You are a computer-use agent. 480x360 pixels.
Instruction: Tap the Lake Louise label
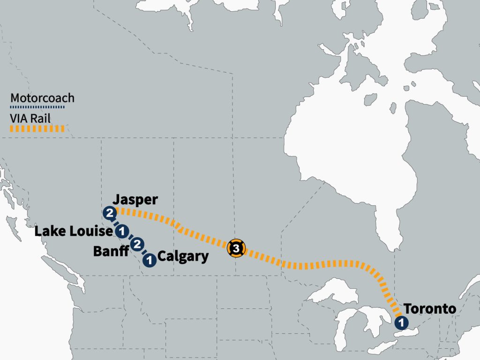74,232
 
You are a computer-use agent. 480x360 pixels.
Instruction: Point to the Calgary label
183,257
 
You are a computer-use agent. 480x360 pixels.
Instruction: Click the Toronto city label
430,309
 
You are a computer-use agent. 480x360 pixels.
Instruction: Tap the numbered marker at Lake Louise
122,231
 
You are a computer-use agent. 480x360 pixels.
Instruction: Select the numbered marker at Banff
137,244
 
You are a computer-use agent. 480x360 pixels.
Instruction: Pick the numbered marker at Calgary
150,259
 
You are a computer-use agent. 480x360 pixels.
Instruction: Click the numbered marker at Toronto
401,322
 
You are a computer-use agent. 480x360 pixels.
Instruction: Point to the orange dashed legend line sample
37,128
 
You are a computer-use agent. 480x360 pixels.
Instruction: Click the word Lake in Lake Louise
49,232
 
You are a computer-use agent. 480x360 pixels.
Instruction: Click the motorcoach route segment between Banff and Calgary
143,252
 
